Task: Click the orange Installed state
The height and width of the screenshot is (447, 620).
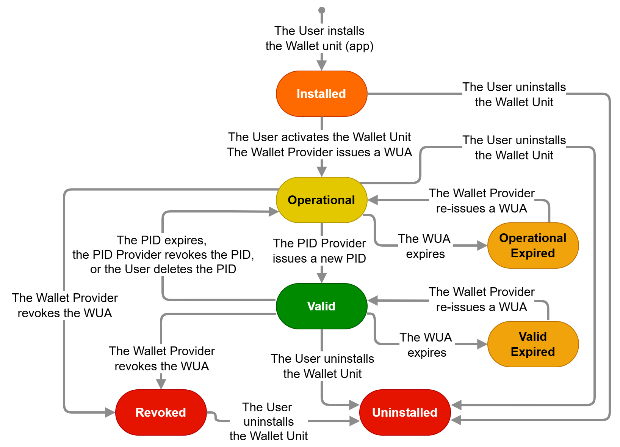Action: coord(321,94)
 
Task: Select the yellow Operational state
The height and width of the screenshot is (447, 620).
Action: coord(321,200)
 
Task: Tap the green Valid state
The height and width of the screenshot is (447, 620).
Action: coord(321,306)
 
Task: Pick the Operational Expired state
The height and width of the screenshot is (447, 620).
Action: coord(533,246)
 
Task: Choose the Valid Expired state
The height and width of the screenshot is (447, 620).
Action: coord(533,344)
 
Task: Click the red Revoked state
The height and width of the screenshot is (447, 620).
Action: coord(161,412)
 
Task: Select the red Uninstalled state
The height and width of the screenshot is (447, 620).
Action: coord(405,412)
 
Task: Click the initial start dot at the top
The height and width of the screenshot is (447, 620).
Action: coord(322,10)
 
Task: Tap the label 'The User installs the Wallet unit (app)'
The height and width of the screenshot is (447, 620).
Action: coord(319,38)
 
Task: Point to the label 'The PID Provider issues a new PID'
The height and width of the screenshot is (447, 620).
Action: coord(319,251)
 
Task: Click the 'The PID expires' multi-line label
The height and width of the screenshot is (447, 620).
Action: coord(163,255)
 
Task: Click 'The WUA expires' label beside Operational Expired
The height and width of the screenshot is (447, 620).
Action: coord(425,246)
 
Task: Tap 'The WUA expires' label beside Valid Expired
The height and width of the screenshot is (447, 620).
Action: coord(426,345)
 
